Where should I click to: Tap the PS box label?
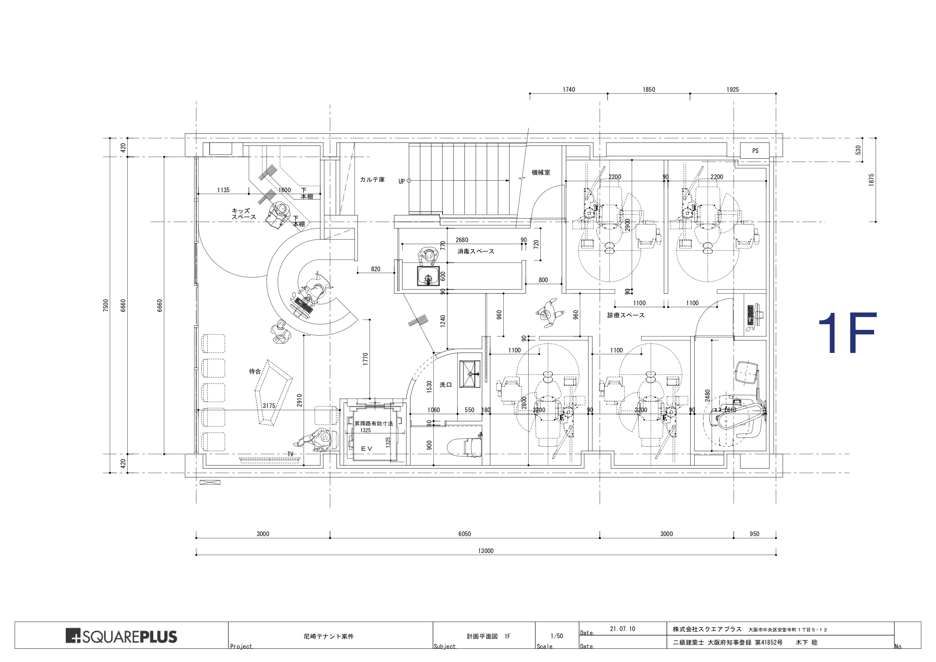(756, 151)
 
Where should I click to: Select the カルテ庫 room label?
(372, 179)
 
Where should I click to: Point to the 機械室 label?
(541, 173)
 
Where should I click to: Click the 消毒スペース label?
(476, 251)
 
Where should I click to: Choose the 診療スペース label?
(626, 315)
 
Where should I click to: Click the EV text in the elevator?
(367, 449)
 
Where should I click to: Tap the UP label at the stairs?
(402, 181)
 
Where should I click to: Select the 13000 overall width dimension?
(486, 551)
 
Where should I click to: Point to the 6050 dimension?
(464, 534)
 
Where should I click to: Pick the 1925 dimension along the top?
(732, 90)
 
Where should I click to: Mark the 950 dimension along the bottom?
(755, 534)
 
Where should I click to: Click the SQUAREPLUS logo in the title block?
(122, 636)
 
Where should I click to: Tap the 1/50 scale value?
(557, 636)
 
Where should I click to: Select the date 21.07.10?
(623, 629)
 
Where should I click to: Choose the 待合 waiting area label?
(255, 371)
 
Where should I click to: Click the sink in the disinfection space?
(428, 276)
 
